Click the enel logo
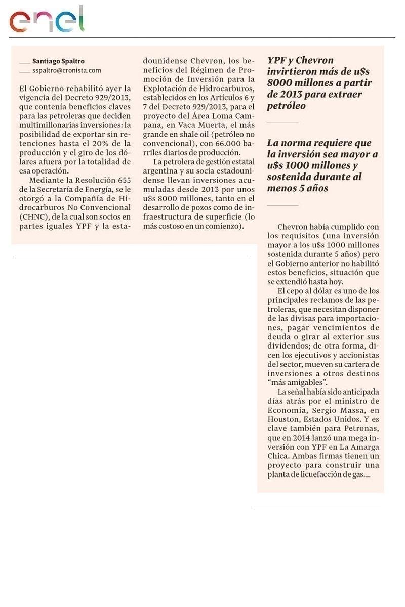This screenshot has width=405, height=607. pos(47,21)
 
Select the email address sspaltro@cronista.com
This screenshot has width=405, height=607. pos(67,71)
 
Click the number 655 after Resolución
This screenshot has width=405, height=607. pos(121,180)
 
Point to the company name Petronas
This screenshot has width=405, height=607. pos(361,429)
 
